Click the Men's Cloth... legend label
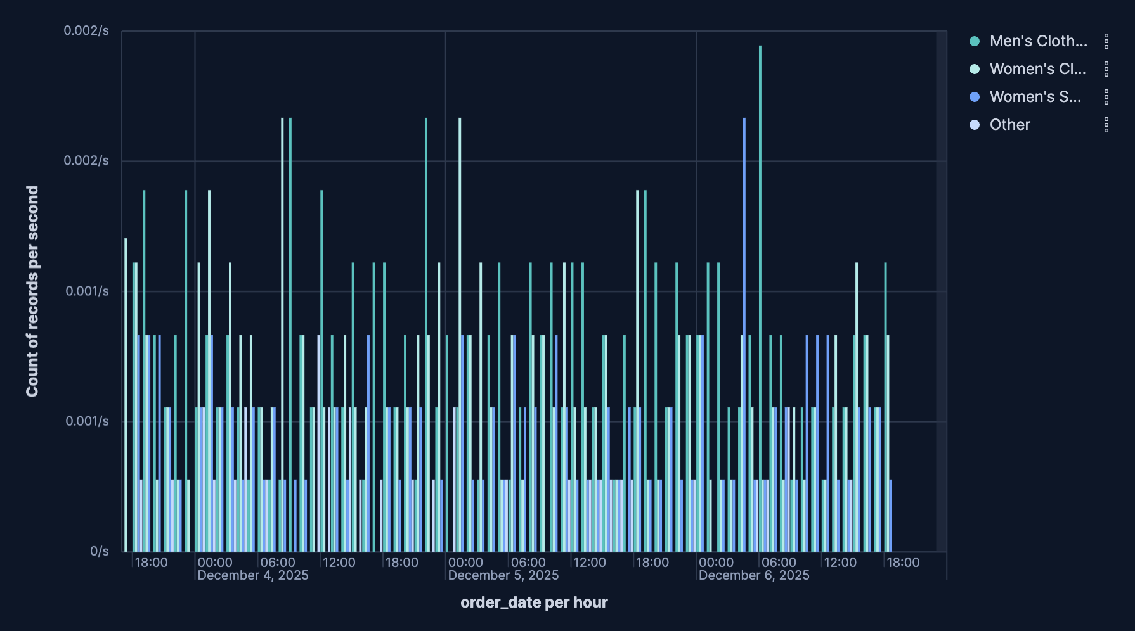tap(1038, 41)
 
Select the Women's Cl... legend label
tap(1037, 69)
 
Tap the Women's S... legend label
tap(1035, 97)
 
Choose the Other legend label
tap(1009, 125)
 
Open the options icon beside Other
tap(1106, 125)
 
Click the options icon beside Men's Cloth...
tap(1106, 41)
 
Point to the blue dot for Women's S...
tap(975, 97)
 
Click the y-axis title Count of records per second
tap(32, 291)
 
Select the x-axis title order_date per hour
tap(534, 602)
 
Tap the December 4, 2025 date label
tap(253, 575)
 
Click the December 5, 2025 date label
tap(503, 575)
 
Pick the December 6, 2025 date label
tap(754, 575)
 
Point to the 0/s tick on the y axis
tap(100, 551)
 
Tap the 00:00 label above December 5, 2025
tap(465, 563)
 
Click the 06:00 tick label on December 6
tap(779, 563)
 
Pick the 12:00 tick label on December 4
tap(339, 563)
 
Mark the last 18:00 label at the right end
tap(903, 563)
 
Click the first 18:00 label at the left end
tap(152, 563)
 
